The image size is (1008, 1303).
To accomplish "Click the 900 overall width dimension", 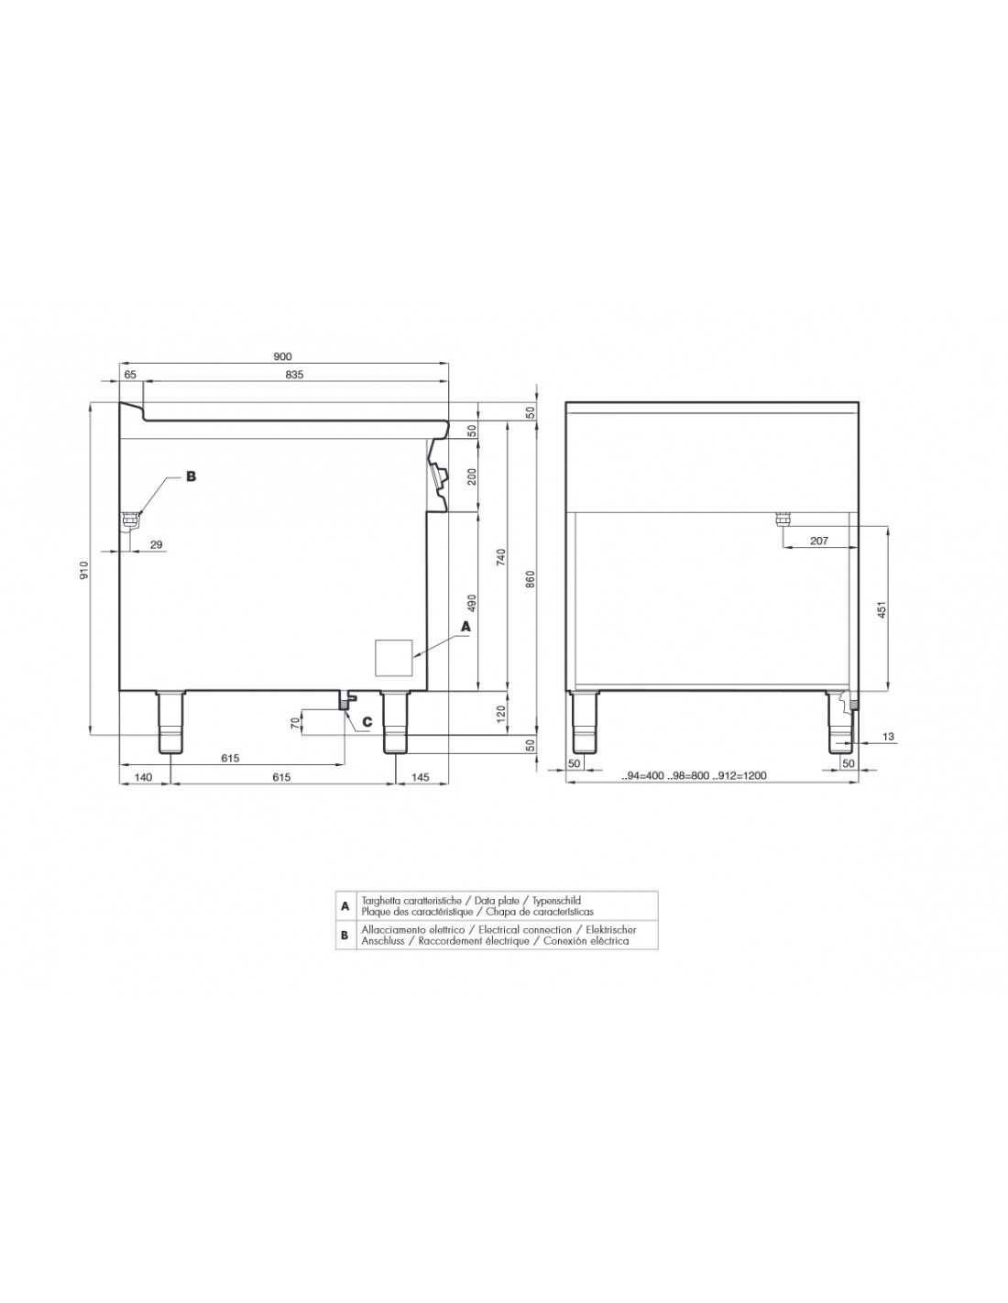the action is tap(282, 356).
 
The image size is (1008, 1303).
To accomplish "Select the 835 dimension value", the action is tap(294, 375).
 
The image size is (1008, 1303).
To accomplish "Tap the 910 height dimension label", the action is tap(84, 570).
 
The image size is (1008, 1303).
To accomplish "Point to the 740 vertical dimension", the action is tap(502, 556).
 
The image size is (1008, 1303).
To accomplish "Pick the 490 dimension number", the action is tap(471, 603).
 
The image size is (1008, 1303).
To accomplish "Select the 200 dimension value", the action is tap(471, 477).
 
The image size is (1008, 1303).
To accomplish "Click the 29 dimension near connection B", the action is tap(156, 545).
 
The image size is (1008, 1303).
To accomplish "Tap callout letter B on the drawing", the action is tap(191, 476).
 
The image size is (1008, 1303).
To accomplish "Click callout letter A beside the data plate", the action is tap(466, 627).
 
